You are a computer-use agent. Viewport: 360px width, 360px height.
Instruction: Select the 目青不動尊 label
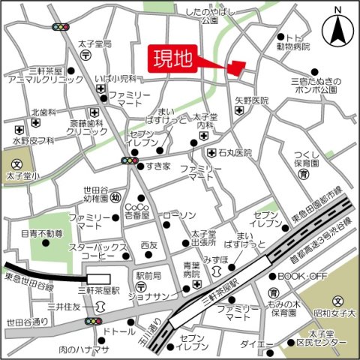[x=42, y=234]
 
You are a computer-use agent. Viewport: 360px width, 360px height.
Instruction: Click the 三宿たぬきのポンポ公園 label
[x=316, y=84]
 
